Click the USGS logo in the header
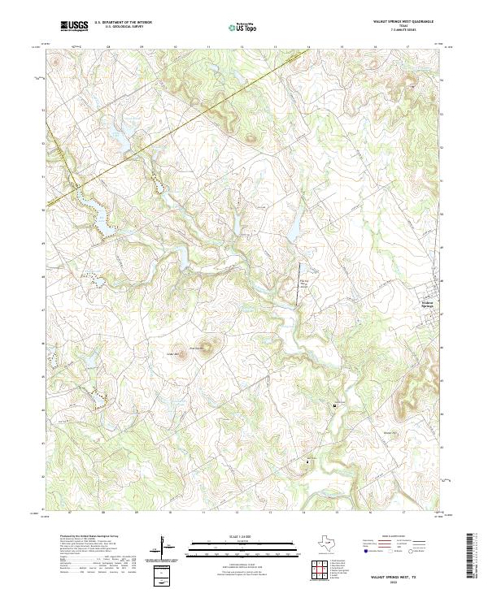coord(74,27)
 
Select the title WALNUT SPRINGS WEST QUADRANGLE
coord(403,23)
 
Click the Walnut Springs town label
coord(430,305)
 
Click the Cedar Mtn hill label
coord(172,353)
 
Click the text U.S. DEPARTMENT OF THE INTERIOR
coord(123,23)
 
